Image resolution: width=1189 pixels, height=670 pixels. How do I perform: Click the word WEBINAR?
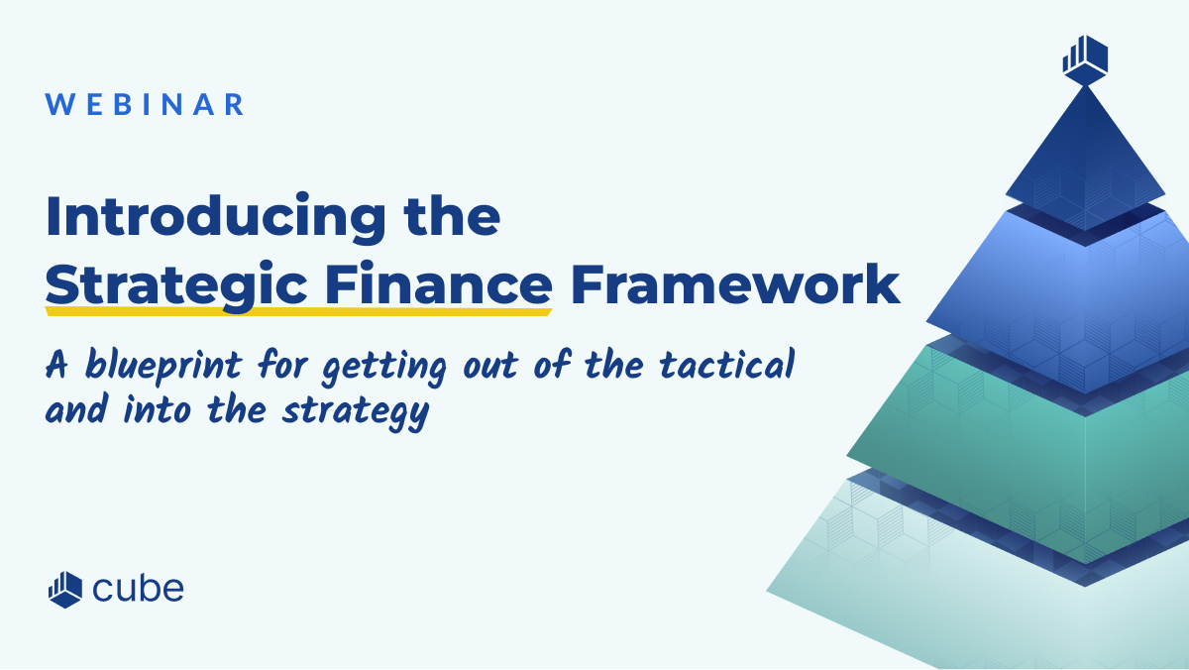pos(146,105)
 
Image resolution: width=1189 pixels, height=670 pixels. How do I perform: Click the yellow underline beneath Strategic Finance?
pos(297,311)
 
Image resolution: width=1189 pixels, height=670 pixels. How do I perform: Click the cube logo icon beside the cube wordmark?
pos(64,589)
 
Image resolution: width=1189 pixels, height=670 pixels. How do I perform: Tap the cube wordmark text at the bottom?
pos(138,589)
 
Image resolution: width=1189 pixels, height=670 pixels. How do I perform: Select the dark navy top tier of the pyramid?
pos(1085,159)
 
